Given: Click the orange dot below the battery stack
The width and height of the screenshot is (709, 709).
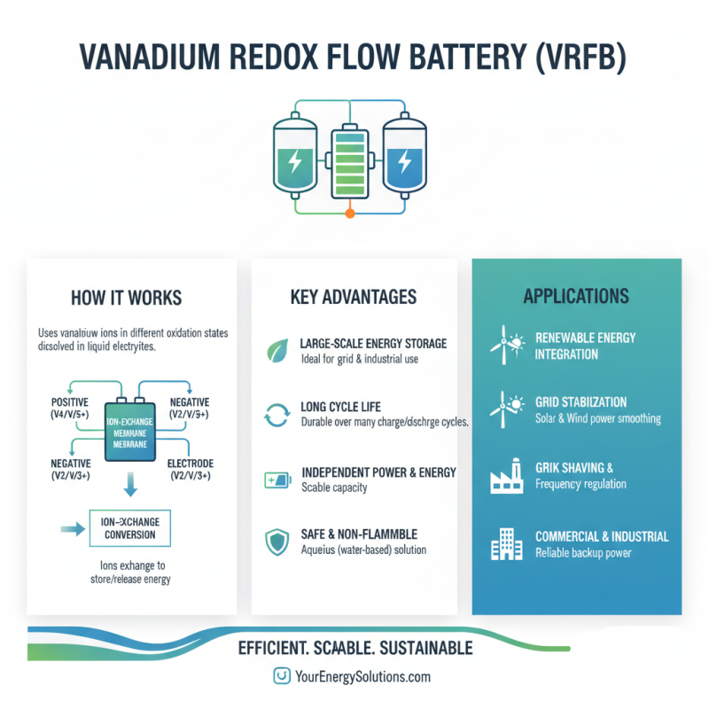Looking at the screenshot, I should point(350,214).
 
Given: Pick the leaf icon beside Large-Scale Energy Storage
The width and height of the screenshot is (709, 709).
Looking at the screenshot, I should point(277,351).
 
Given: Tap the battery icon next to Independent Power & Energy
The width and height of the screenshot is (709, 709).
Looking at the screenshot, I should point(277,480).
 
